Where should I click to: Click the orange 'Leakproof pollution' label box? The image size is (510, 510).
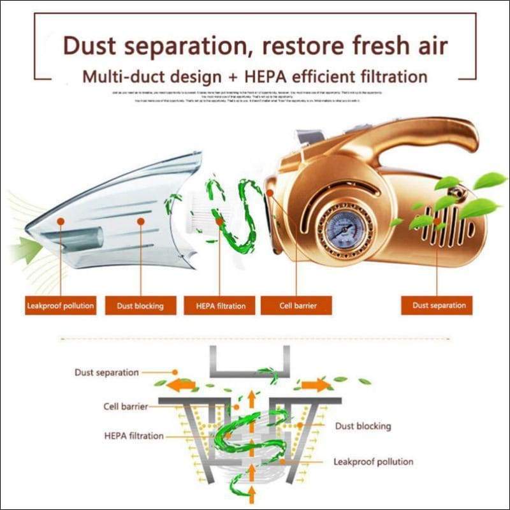pyautogui.click(x=61, y=305)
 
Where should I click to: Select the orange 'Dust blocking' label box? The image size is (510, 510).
pyautogui.click(x=140, y=305)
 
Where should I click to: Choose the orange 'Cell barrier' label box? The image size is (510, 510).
pyautogui.click(x=298, y=305)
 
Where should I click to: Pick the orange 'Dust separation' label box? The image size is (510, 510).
pyautogui.click(x=439, y=305)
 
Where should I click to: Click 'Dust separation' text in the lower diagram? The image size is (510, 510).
pyautogui.click(x=106, y=372)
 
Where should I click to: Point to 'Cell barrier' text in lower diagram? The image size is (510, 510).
pyautogui.click(x=127, y=406)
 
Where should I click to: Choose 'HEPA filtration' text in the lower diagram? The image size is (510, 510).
pyautogui.click(x=133, y=436)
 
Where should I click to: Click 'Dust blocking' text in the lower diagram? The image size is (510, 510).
pyautogui.click(x=363, y=426)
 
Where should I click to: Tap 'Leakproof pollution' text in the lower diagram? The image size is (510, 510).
pyautogui.click(x=373, y=462)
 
